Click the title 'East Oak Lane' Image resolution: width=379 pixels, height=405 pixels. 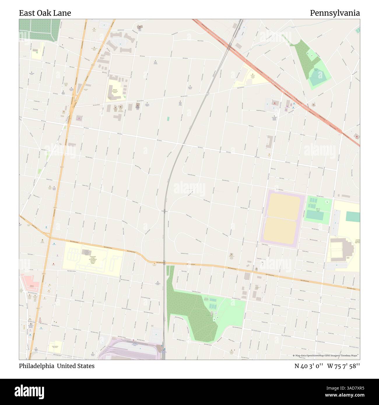pos(45,13)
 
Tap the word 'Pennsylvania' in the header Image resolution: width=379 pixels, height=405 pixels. pos(335,13)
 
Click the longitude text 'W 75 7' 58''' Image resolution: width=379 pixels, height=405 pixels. pos(343,366)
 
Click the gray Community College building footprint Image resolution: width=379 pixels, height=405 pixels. pos(86,252)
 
